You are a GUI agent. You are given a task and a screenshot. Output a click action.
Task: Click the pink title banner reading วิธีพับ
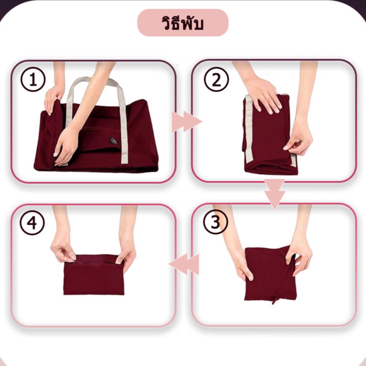183,23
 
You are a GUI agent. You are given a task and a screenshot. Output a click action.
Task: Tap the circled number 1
33,79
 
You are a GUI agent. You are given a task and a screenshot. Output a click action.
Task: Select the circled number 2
216,79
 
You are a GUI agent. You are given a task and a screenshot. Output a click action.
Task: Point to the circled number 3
215,222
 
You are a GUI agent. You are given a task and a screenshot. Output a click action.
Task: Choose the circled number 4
32,223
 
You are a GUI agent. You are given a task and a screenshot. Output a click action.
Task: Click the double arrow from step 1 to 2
187,122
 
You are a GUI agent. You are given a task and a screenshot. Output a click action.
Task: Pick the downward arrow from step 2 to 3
275,194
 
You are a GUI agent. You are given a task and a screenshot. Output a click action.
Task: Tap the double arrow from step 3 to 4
184,264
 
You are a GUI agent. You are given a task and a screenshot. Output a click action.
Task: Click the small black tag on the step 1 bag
113,141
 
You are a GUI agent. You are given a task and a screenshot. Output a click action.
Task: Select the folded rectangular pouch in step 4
94,275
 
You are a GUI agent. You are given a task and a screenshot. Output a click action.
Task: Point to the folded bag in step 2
270,134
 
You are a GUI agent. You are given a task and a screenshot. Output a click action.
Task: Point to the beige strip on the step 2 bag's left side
248,130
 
